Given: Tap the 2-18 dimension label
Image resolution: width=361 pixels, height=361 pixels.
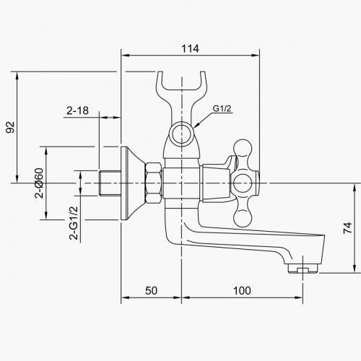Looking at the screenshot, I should (77, 110).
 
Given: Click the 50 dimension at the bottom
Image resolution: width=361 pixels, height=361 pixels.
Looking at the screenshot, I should (151, 290).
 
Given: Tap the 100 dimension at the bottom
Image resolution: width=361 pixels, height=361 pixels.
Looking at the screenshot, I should (243, 290).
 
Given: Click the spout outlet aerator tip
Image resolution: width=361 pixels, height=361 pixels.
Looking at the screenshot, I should (303, 270).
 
